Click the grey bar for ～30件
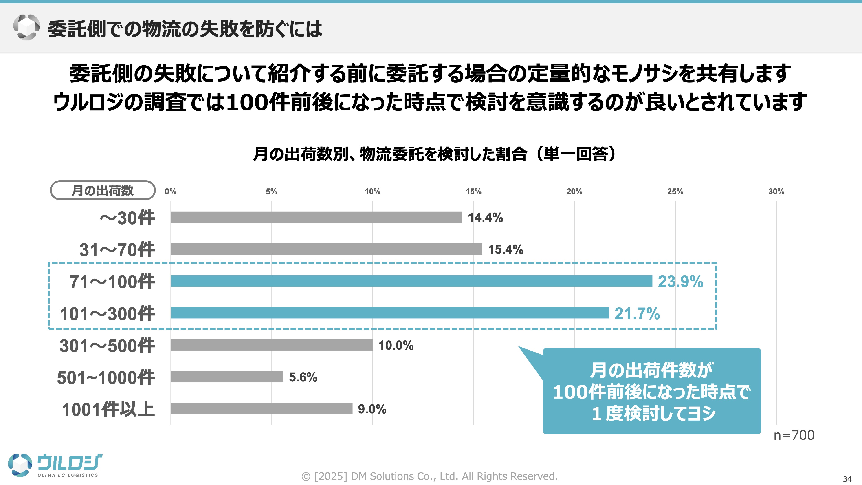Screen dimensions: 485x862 316,217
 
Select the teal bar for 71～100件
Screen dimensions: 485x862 411,281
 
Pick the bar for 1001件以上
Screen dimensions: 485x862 261,408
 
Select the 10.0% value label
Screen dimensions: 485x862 396,345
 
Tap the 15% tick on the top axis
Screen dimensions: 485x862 473,192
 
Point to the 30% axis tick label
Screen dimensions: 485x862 776,192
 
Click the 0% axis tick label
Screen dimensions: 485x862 170,192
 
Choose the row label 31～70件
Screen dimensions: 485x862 117,249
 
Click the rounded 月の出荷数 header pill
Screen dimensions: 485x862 102,190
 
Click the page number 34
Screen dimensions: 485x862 847,479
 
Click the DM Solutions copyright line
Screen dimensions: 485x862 429,476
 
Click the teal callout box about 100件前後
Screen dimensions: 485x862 651,391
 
